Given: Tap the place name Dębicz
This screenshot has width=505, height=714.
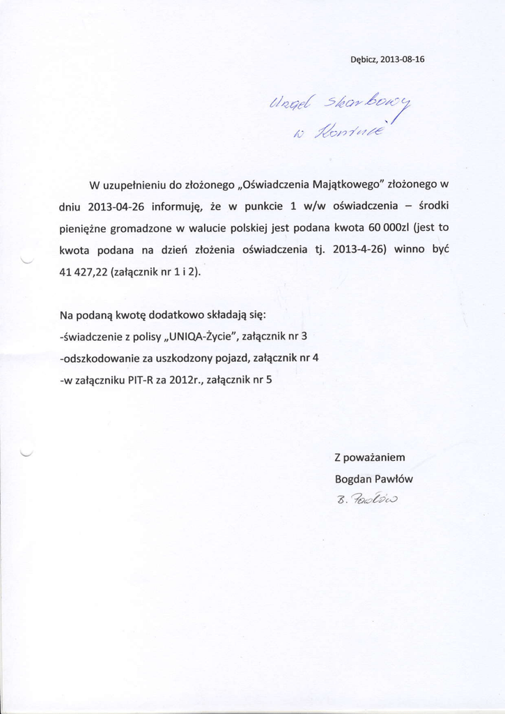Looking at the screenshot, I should (x=363, y=59).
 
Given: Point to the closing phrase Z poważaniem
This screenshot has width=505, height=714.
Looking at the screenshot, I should (x=370, y=457).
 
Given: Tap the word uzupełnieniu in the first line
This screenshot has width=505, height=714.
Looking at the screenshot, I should (x=134, y=185).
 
